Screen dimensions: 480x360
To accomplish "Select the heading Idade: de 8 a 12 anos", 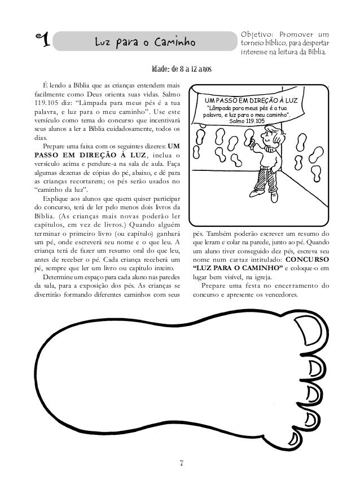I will pos(181,69).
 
